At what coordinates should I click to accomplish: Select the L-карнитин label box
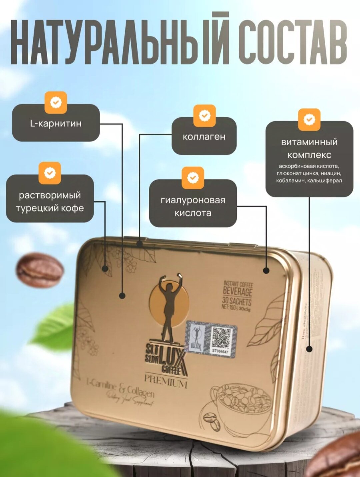(56, 123)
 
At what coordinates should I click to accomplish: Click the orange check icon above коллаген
(204, 116)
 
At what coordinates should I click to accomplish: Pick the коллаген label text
(204, 136)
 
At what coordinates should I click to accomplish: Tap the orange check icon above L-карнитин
(56, 102)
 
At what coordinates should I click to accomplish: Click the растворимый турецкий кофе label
(50, 201)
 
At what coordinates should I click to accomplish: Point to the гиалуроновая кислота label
(193, 206)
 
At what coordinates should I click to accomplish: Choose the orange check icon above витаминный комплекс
(309, 119)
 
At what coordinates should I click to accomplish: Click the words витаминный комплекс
(309, 148)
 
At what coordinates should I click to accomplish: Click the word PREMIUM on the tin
(166, 381)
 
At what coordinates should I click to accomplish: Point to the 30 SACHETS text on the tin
(237, 301)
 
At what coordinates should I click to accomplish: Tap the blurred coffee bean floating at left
(39, 270)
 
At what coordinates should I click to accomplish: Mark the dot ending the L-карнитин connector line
(122, 295)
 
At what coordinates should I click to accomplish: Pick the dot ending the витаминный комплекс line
(309, 349)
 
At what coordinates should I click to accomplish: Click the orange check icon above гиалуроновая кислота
(193, 177)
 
